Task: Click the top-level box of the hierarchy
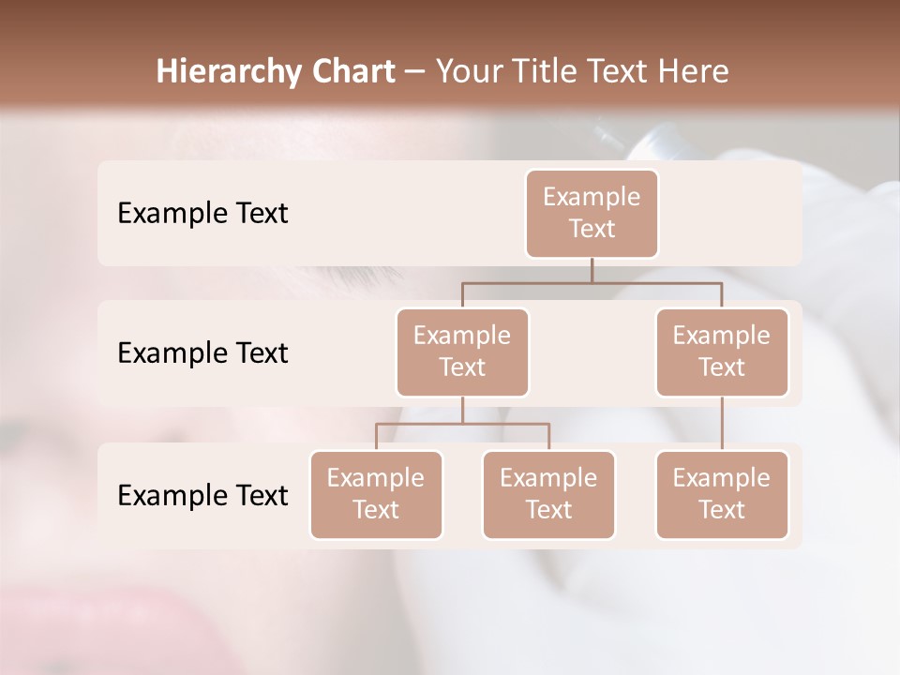(x=592, y=213)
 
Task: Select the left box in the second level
(x=462, y=352)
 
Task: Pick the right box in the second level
(x=722, y=352)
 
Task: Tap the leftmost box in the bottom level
(x=376, y=494)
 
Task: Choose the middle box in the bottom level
(x=548, y=494)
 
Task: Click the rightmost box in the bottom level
(x=722, y=494)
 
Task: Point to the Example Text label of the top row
(x=202, y=214)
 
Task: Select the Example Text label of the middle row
(x=202, y=353)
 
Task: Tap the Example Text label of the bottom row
(x=202, y=496)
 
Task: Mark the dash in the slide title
(x=415, y=72)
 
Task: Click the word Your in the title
(x=467, y=71)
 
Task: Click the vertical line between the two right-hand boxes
(x=722, y=424)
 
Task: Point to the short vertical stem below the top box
(x=592, y=269)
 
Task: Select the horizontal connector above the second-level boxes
(x=592, y=281)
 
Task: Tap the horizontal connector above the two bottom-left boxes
(x=462, y=424)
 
